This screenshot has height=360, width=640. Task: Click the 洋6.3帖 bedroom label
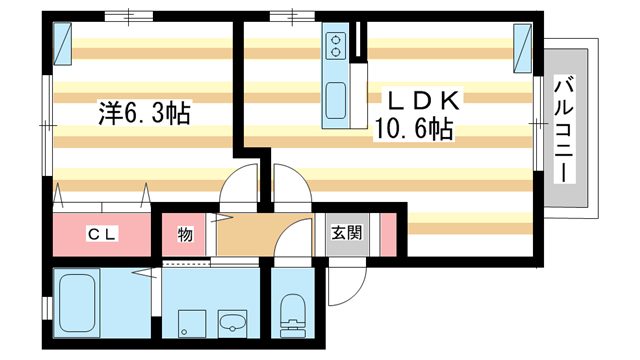tap(144, 112)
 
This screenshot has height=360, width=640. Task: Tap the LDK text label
tap(421, 100)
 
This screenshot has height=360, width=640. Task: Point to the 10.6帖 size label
tap(412, 130)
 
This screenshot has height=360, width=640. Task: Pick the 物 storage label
tap(185, 234)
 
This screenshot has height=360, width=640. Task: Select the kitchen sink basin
tap(336, 102)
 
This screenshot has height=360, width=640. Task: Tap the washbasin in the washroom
tap(232, 322)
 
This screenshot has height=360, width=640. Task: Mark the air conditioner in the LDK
tap(522, 48)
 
